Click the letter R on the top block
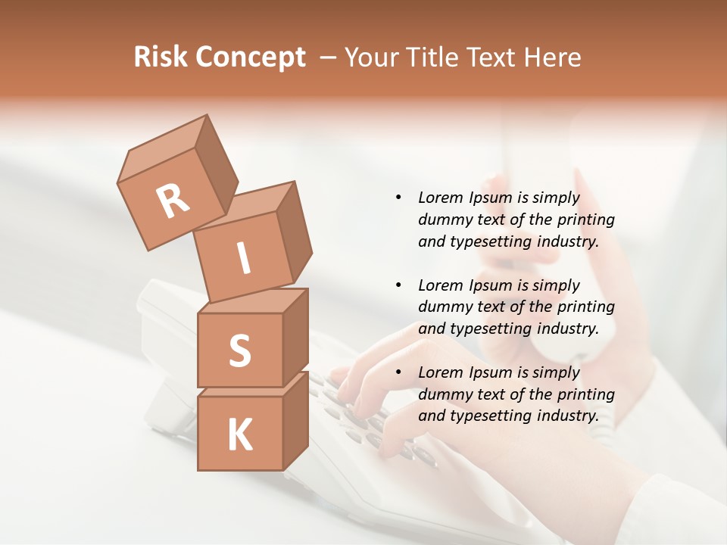pos(173,201)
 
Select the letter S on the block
pos(239,350)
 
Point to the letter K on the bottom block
pos(239,434)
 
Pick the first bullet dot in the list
pos(398,198)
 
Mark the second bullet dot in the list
pos(398,285)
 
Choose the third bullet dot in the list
pos(398,372)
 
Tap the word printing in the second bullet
pos(586,307)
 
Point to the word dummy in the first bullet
pos(444,220)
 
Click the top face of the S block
pos(252,301)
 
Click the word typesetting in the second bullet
pos(488,329)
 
